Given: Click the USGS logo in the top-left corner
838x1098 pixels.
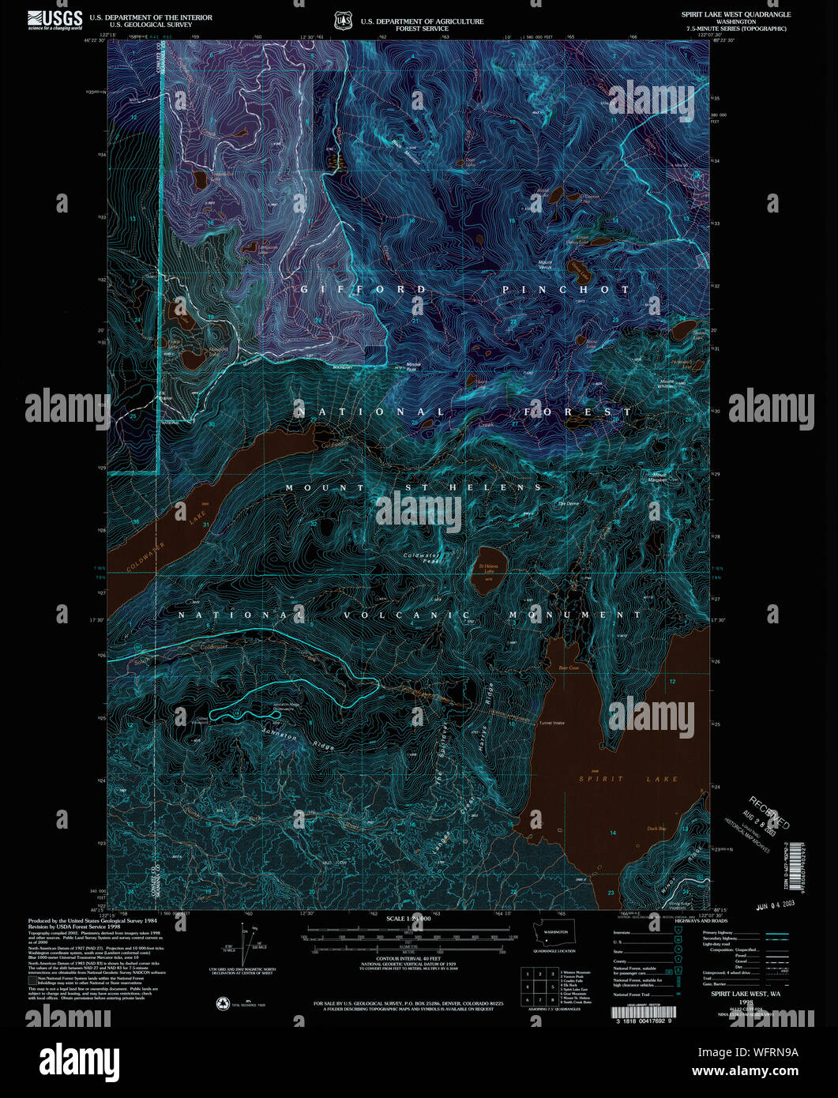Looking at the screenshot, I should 55,20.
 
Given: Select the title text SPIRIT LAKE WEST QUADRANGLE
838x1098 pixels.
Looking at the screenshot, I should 735,14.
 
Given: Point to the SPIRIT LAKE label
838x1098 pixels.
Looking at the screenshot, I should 628,779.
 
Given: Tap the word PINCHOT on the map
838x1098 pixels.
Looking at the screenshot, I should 566,290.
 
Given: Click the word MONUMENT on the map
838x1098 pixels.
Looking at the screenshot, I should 575,615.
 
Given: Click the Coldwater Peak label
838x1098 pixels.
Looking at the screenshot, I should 423,558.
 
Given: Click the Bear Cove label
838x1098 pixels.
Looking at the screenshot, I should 569,667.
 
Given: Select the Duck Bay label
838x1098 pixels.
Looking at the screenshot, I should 656,829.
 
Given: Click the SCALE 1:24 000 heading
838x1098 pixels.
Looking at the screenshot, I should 408,919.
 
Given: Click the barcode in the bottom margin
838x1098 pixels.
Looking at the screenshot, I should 644,1013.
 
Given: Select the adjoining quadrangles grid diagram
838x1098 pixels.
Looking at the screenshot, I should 540,987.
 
